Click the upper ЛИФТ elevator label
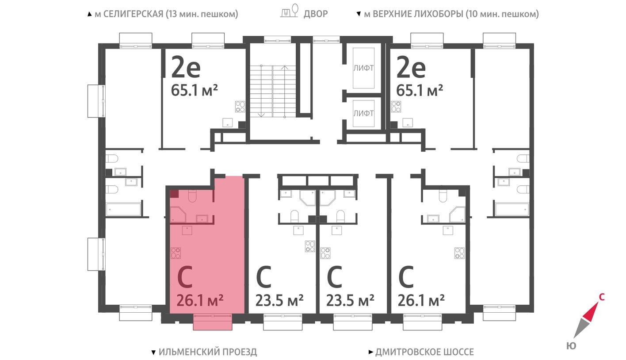[363, 68]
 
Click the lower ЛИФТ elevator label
[363, 113]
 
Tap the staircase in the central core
[272, 91]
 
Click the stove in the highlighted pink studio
[176, 253]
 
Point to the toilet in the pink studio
[192, 195]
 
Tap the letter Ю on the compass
[571, 346]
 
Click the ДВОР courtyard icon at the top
[290, 12]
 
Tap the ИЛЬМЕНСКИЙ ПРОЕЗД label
[207, 352]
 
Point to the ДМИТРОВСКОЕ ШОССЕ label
[424, 352]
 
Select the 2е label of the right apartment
[411, 68]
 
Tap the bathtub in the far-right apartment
[511, 209]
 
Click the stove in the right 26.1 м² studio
[460, 253]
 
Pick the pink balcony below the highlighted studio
[212, 322]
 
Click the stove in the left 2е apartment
[240, 107]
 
